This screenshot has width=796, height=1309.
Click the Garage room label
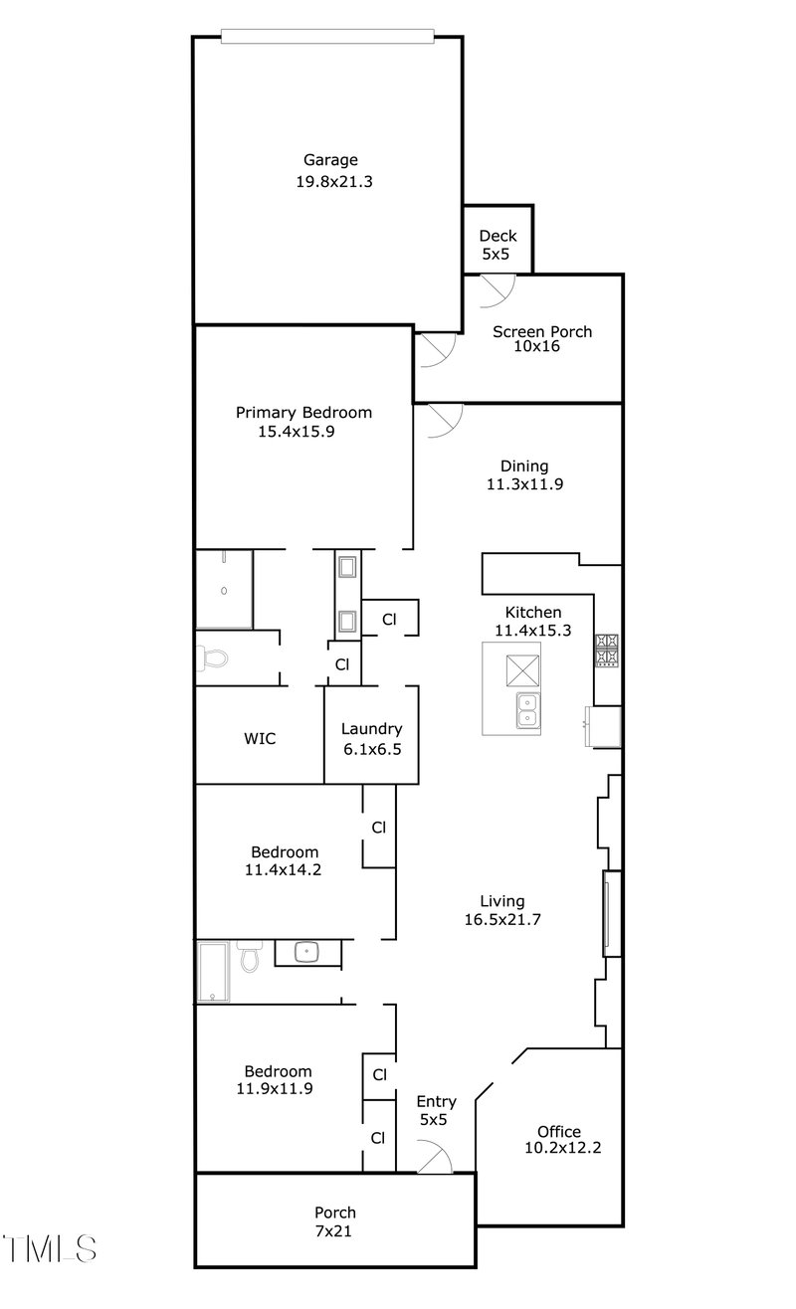[x=330, y=160]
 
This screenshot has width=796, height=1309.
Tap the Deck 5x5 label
[x=497, y=236]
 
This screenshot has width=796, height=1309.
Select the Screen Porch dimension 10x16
[x=542, y=347]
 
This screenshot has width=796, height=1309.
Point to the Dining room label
[x=523, y=466]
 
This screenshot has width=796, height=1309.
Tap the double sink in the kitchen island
[x=527, y=710]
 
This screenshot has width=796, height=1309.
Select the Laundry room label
[x=371, y=728]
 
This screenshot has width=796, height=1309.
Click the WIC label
[x=260, y=738]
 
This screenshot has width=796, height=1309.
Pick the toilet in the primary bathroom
[x=212, y=657]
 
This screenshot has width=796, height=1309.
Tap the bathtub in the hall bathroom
[x=214, y=972]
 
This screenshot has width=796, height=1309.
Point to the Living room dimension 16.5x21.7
[x=501, y=919]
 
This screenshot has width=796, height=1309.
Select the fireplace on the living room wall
[x=611, y=913]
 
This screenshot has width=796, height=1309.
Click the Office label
[x=558, y=1131]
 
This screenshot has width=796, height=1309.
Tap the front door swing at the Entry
[x=435, y=1157]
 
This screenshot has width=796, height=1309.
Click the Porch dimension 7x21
[x=334, y=1230]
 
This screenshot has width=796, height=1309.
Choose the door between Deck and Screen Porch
[x=496, y=288]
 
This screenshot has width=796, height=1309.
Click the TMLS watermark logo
[x=50, y=1248]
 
